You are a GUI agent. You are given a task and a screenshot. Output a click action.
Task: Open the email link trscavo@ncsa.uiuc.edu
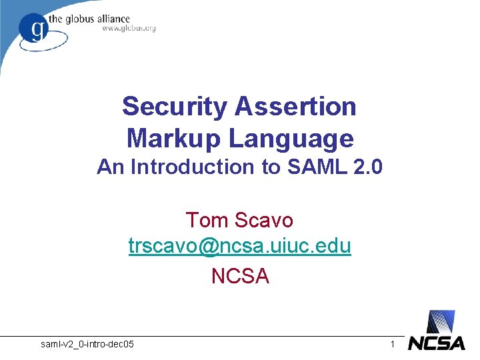point(240,247)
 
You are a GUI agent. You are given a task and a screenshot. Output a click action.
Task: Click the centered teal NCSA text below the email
point(240,275)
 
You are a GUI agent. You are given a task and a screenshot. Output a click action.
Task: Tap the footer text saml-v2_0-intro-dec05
point(87,344)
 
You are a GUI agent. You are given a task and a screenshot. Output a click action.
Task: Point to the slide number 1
point(393,344)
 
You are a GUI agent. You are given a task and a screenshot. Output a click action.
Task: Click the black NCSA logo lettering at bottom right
point(436,343)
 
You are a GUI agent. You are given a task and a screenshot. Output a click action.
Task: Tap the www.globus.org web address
point(129,29)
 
